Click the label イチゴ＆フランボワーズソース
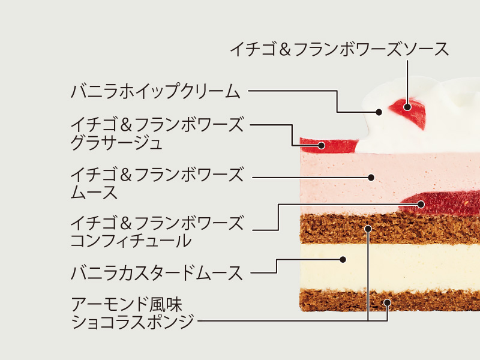point(339,49)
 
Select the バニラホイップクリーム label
point(155,91)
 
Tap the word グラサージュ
point(116,143)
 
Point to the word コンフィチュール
point(131,241)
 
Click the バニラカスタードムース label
point(157,273)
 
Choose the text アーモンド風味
point(127,304)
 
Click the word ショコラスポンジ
point(133,322)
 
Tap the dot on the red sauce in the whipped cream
point(407,107)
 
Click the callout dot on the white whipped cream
point(379,112)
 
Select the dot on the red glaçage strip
point(321,145)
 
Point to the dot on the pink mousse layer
point(371,177)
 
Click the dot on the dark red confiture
point(421,204)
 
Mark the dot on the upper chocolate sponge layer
point(368,229)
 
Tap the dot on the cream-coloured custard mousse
point(343,260)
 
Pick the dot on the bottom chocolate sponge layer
point(387,303)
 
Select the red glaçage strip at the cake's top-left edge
point(328,145)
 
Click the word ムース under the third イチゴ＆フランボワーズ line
point(94,192)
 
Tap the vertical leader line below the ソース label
point(407,82)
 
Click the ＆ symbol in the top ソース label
point(284,50)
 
